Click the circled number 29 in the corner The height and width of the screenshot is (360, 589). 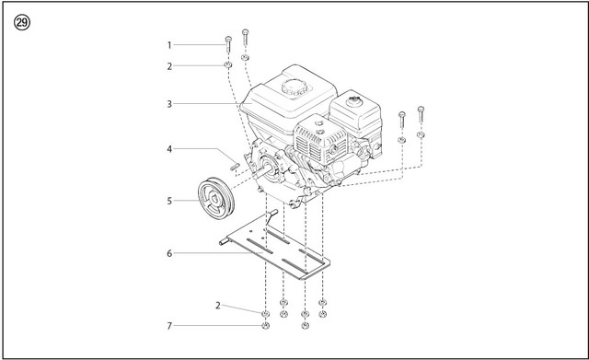point(22,23)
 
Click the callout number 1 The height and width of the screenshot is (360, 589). point(169,45)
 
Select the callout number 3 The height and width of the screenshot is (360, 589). point(169,104)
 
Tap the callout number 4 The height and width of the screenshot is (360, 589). point(169,149)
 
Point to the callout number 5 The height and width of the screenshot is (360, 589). point(169,201)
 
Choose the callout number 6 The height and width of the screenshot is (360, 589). point(169,253)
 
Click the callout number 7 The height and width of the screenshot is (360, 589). point(169,326)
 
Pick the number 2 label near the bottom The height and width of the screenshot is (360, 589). point(218,306)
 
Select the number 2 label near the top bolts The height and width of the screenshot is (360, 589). point(169,66)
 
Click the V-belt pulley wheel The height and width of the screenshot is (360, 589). point(216,198)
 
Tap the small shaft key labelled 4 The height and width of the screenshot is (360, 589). point(235,166)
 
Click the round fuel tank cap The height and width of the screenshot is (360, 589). point(294,87)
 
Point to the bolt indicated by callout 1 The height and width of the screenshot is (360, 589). point(228,45)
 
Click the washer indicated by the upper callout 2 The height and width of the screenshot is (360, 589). point(228,65)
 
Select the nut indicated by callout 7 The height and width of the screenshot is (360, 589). point(266,325)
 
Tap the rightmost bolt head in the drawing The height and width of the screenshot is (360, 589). point(421,110)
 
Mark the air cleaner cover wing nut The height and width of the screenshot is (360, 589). point(353,99)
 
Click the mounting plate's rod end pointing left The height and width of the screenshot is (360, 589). point(224,241)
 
